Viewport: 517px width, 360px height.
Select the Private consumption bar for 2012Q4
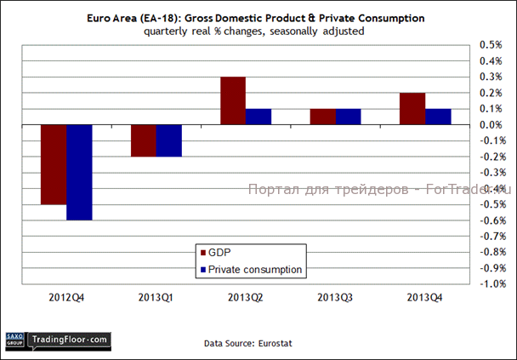coord(79,172)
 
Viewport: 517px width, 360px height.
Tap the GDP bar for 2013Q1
coord(143,140)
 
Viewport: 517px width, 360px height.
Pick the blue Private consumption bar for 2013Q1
coord(168,140)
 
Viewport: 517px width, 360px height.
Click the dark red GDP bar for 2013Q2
coord(233,100)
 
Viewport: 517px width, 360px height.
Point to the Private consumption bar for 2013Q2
coord(258,117)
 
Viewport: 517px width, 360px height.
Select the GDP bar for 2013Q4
coord(412,109)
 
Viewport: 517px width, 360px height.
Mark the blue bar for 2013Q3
coord(349,117)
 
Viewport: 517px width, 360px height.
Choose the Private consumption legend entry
coord(256,269)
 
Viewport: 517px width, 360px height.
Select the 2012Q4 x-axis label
coord(65,298)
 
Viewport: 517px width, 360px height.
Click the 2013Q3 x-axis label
coord(335,298)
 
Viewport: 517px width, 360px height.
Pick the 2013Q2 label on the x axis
coord(245,298)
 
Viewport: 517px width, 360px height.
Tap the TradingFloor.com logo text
coord(70,340)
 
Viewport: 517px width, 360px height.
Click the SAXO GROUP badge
coord(14,340)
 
